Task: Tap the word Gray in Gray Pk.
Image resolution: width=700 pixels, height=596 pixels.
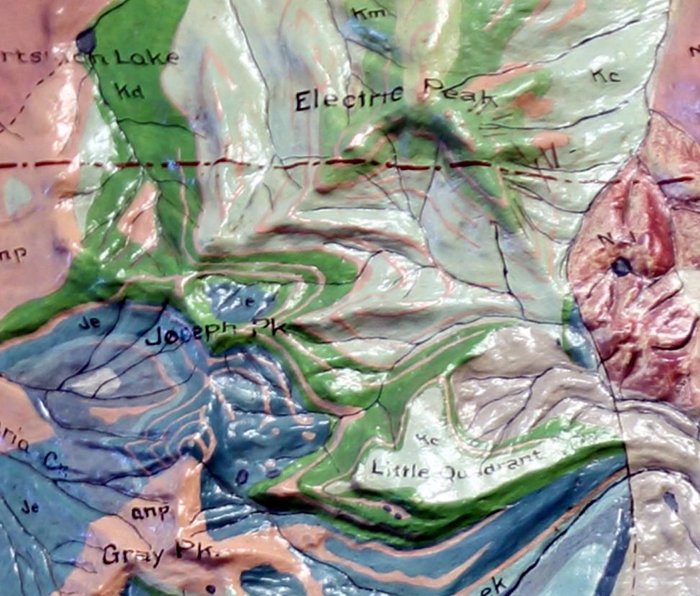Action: tap(134, 554)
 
